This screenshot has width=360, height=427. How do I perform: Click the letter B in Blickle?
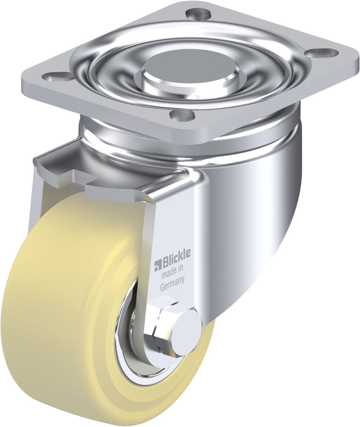[166, 263]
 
